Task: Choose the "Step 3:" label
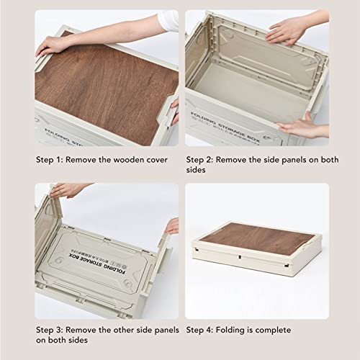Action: (x=50, y=330)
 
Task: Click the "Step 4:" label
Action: (x=201, y=330)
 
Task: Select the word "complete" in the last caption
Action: (x=271, y=330)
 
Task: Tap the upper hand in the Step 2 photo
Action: (x=288, y=30)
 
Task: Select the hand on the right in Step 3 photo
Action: (x=172, y=227)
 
